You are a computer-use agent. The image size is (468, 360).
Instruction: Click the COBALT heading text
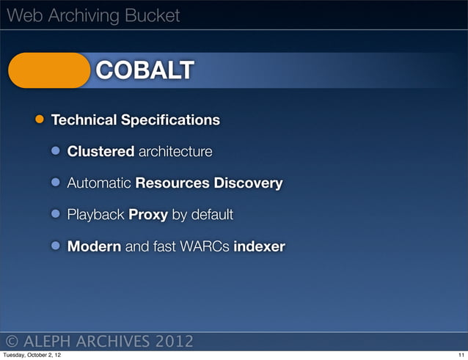tap(145, 70)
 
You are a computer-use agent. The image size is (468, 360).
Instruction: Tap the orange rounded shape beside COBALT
tap(48, 70)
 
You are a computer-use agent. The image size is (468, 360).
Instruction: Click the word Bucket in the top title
tap(150, 15)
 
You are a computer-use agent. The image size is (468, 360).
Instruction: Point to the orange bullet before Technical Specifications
tap(37, 120)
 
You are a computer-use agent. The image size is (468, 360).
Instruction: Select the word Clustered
tap(100, 152)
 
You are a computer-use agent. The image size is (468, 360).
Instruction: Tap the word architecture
tap(175, 152)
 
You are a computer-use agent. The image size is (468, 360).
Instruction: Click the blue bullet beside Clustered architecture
tap(56, 152)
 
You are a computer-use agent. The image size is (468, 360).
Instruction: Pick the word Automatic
tap(99, 183)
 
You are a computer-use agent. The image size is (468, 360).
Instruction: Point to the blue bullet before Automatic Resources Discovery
tap(56, 183)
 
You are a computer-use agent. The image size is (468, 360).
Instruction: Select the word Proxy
tap(148, 215)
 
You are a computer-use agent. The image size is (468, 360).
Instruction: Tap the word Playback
tap(96, 215)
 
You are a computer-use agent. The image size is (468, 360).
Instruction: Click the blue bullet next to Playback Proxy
tap(56, 215)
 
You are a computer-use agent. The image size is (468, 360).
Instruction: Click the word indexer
tap(259, 246)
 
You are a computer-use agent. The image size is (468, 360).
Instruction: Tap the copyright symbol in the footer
tap(12, 342)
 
